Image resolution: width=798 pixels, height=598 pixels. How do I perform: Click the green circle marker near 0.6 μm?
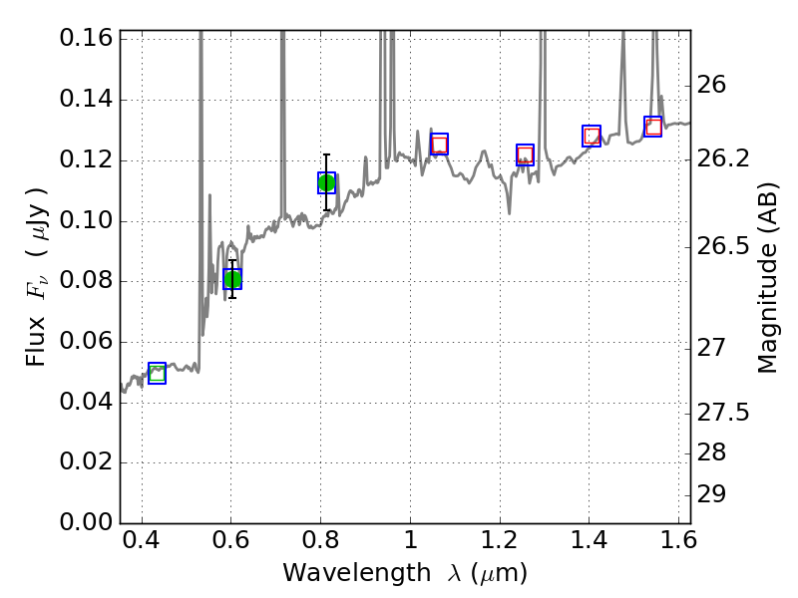tap(232, 279)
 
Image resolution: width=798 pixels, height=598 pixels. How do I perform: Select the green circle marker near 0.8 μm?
tap(326, 182)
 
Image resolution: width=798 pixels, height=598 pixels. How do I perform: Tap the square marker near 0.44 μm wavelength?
tap(157, 373)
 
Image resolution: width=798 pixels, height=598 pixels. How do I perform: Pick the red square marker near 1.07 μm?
tap(439, 144)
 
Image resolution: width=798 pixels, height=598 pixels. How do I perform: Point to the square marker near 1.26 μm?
tap(526, 154)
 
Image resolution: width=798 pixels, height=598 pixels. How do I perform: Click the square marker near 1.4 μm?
tap(592, 136)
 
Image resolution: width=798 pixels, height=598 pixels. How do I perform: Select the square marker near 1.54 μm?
tap(653, 127)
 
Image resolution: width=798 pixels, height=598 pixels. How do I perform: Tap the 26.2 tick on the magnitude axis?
tap(725, 159)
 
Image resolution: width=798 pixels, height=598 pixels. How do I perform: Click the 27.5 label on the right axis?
tap(725, 413)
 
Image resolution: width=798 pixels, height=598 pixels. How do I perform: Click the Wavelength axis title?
tap(405, 573)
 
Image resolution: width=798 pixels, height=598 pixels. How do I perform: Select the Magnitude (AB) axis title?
tap(767, 277)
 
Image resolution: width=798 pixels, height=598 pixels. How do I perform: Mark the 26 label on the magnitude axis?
tap(714, 85)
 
